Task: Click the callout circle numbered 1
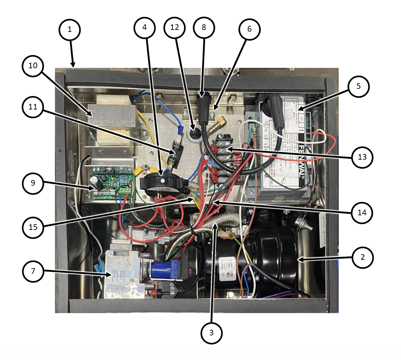coord(70,29)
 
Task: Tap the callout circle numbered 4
coord(145,27)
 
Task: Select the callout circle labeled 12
coord(175,27)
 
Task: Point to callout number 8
coord(204,27)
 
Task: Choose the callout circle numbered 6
coord(249,29)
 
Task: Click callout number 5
coord(358,86)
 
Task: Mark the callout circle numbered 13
coord(362,157)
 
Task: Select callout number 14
coord(362,212)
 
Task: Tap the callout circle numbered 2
coord(362,257)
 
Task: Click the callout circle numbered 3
coord(211,332)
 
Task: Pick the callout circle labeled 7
coord(33,271)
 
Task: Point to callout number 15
coord(33,227)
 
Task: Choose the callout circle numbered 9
coord(33,183)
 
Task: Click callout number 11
coord(33,107)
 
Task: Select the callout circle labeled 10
coord(33,66)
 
